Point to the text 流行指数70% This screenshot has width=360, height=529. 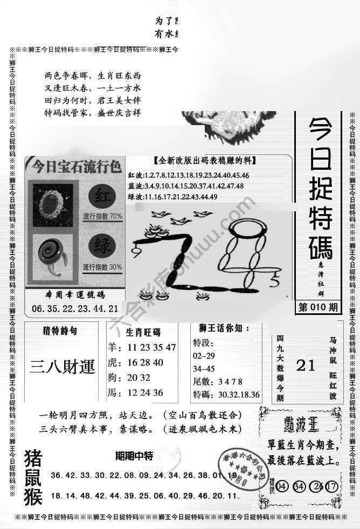tap(102, 217)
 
